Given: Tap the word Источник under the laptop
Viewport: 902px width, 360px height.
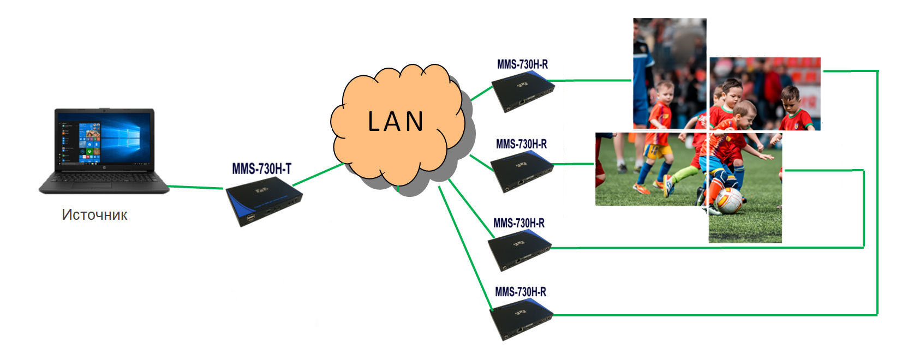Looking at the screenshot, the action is tap(94, 215).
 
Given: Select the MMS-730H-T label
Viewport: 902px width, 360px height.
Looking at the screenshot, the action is tap(262, 169).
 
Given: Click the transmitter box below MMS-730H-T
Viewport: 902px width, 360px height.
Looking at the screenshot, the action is tap(264, 201).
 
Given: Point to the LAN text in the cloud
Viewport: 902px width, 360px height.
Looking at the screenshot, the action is tap(396, 122).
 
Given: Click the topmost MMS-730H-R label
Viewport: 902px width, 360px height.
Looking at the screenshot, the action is tap(522, 64).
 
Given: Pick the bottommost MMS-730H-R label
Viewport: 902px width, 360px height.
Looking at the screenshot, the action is tap(520, 292).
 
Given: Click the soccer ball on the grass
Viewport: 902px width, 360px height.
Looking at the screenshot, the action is tap(728, 200).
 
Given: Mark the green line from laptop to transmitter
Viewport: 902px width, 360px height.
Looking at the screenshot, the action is tap(196, 187).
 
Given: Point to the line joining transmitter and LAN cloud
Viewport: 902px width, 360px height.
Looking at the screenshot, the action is tap(318, 175).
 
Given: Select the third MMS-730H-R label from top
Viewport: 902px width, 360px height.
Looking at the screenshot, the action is tap(518, 223).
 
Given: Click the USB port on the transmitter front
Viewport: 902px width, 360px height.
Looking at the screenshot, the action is tap(251, 218).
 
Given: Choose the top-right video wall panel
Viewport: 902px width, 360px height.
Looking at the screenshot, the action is tap(765, 94).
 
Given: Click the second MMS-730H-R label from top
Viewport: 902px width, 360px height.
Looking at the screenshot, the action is tap(521, 144).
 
